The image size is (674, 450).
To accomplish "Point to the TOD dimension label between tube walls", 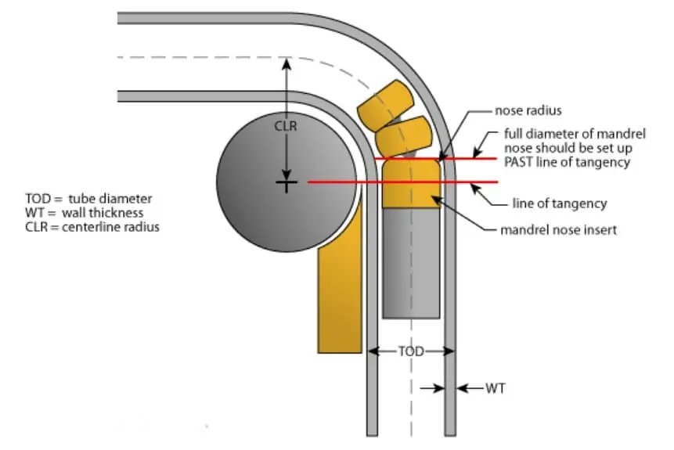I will click(x=411, y=352).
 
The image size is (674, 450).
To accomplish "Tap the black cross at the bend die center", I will click(x=287, y=183).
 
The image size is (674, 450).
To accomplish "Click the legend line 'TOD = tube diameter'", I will click(x=88, y=198).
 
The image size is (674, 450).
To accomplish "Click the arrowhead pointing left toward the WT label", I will click(x=460, y=387).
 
